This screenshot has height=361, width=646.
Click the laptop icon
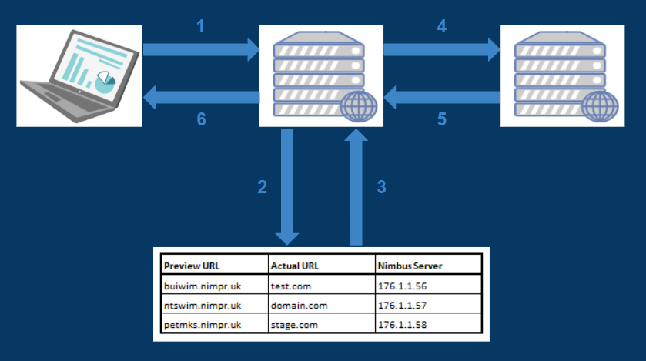[x=79, y=75]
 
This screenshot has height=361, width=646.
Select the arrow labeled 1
[x=201, y=51]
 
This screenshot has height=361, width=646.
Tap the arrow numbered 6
[x=201, y=97]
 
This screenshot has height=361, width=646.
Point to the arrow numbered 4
[x=441, y=51]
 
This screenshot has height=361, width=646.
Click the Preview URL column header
[x=191, y=266]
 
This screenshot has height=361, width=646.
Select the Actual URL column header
[x=296, y=266]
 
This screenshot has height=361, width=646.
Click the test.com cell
[x=290, y=286]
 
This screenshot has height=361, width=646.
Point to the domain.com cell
[x=299, y=306]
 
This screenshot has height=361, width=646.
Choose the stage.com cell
[x=294, y=325]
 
